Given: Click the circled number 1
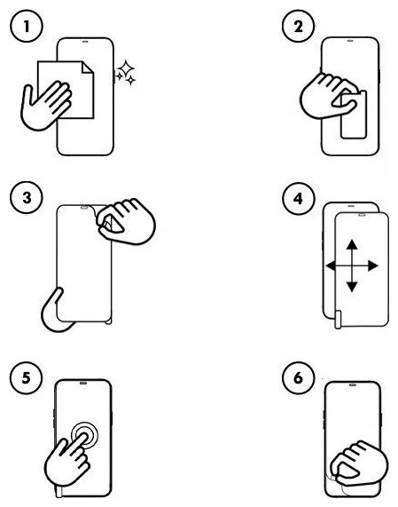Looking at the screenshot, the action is tap(27, 26).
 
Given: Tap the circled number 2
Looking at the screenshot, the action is tap(298, 26).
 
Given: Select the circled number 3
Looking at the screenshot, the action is tap(27, 197).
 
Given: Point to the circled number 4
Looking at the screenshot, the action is tap(298, 198).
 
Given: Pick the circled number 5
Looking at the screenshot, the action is tap(26, 377).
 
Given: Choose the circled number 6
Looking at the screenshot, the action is tap(298, 377).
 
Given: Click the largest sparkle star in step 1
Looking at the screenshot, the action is tap(125, 67).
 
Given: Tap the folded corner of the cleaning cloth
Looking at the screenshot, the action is tap(87, 67).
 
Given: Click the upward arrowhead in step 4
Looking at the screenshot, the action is tap(352, 244).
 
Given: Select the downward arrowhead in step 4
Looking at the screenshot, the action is tap(352, 287).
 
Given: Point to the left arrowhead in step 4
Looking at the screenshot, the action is tap(331, 266).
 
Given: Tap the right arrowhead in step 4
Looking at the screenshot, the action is tap(373, 266).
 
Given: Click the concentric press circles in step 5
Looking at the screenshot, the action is tap(84, 436).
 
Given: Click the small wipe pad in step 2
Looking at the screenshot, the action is tap(354, 115).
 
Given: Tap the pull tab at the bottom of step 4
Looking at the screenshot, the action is tap(338, 320).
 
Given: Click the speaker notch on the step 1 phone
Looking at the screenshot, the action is tap(85, 42).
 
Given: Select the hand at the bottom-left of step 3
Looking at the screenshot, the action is tap(57, 311).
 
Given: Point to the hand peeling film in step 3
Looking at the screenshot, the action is tap(127, 221).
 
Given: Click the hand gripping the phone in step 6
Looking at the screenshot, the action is tap(359, 463).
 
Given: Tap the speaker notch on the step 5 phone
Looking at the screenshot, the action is tap(83, 384).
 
